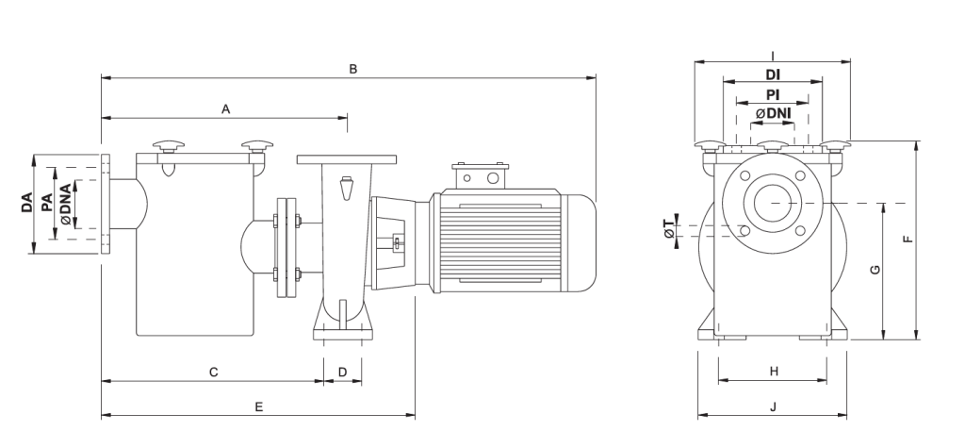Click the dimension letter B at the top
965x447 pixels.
pyautogui.click(x=352, y=68)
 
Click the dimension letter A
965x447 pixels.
pyautogui.click(x=226, y=109)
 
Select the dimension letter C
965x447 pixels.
pyautogui.click(x=214, y=372)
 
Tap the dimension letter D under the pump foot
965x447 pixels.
pyautogui.click(x=343, y=372)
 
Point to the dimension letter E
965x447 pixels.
pyautogui.click(x=258, y=406)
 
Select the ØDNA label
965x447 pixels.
pyautogui.click(x=65, y=205)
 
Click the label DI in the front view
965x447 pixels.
pyautogui.click(x=772, y=74)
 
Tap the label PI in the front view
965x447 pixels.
pyautogui.click(x=772, y=94)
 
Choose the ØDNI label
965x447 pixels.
pyautogui.click(x=772, y=113)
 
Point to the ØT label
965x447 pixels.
pyautogui.click(x=669, y=227)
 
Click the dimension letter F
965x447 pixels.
pyautogui.click(x=907, y=240)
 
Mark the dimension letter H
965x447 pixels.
pyautogui.click(x=773, y=372)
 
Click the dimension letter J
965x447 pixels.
pyautogui.click(x=773, y=406)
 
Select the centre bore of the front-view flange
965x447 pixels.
pyautogui.click(x=772, y=203)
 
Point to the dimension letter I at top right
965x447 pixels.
pyautogui.click(x=772, y=55)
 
